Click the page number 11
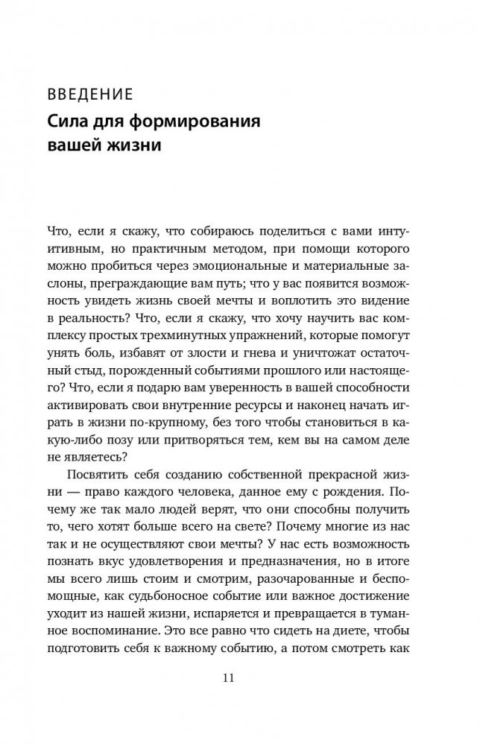click(239, 677)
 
